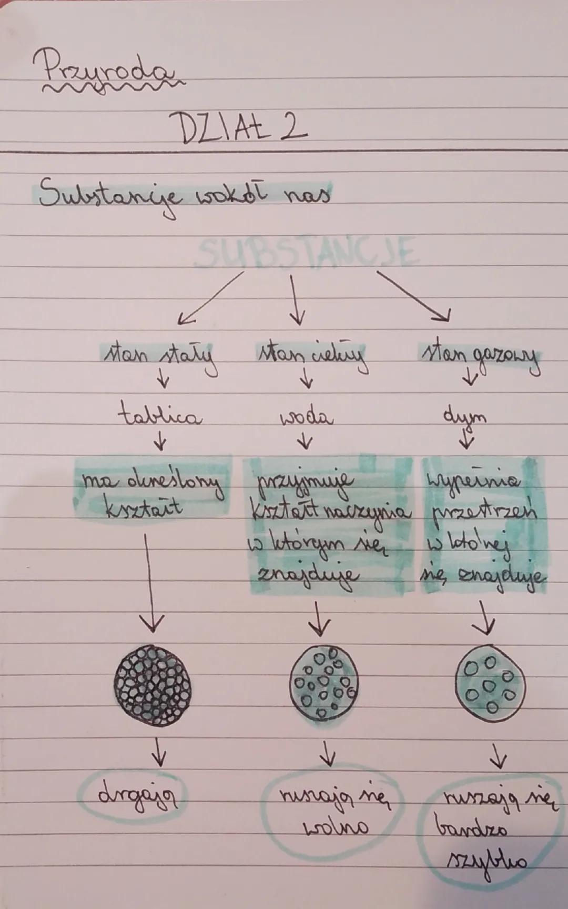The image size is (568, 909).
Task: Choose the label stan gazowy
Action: (x=479, y=358)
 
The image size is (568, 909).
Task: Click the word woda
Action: (x=307, y=417)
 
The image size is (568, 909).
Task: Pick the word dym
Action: (x=464, y=417)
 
